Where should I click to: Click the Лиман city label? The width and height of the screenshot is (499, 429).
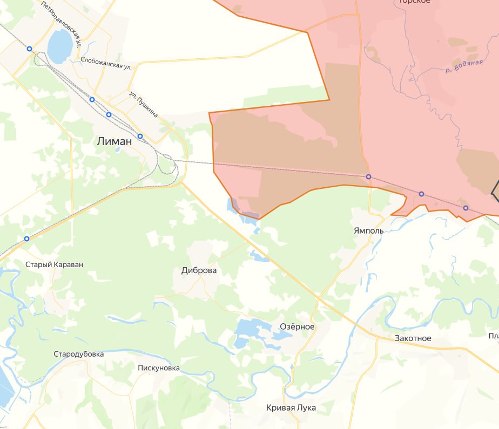pos(114,141)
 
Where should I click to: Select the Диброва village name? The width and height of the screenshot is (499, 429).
pos(199,270)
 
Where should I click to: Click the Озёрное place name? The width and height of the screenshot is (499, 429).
pos(297,326)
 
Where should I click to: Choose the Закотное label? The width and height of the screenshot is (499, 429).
pos(413,338)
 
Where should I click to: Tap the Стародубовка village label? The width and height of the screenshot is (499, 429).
pos(79,354)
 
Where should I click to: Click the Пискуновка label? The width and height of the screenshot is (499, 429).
pos(159,368)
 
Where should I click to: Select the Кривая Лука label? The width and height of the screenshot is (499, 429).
pos(291,407)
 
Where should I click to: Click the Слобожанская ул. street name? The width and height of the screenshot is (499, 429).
pos(106,62)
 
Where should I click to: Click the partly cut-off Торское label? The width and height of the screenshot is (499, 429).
pos(414,2)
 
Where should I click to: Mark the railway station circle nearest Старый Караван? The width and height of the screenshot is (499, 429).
pos(26,239)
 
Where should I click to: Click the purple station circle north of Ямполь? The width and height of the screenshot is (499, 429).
pos(368,177)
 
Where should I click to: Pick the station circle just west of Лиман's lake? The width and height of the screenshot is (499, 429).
pos(30,49)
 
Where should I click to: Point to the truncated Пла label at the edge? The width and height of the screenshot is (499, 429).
pos(493,336)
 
